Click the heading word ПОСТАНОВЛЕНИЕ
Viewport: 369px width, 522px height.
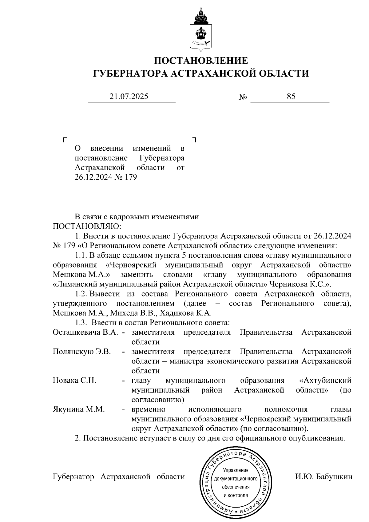pos(201,60)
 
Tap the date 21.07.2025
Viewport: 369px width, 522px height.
pos(129,96)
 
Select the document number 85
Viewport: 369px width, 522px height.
pos(291,96)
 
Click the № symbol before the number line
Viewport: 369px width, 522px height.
pos(243,98)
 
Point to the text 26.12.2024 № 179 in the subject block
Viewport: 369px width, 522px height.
pos(105,177)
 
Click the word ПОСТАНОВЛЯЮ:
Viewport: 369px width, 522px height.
pos(87,226)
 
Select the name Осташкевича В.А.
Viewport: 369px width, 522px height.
pos(86,332)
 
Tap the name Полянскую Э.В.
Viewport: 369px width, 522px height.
pos(82,351)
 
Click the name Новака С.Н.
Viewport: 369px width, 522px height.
pos(74,380)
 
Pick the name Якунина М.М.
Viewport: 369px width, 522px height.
pos(79,409)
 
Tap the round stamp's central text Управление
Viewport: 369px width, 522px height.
pos(236,470)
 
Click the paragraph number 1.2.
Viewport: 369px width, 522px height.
pos(81,294)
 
